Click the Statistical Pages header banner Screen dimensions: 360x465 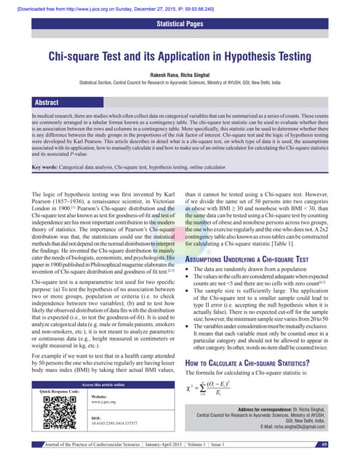point(180,26)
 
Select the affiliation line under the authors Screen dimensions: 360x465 point(180,83)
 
